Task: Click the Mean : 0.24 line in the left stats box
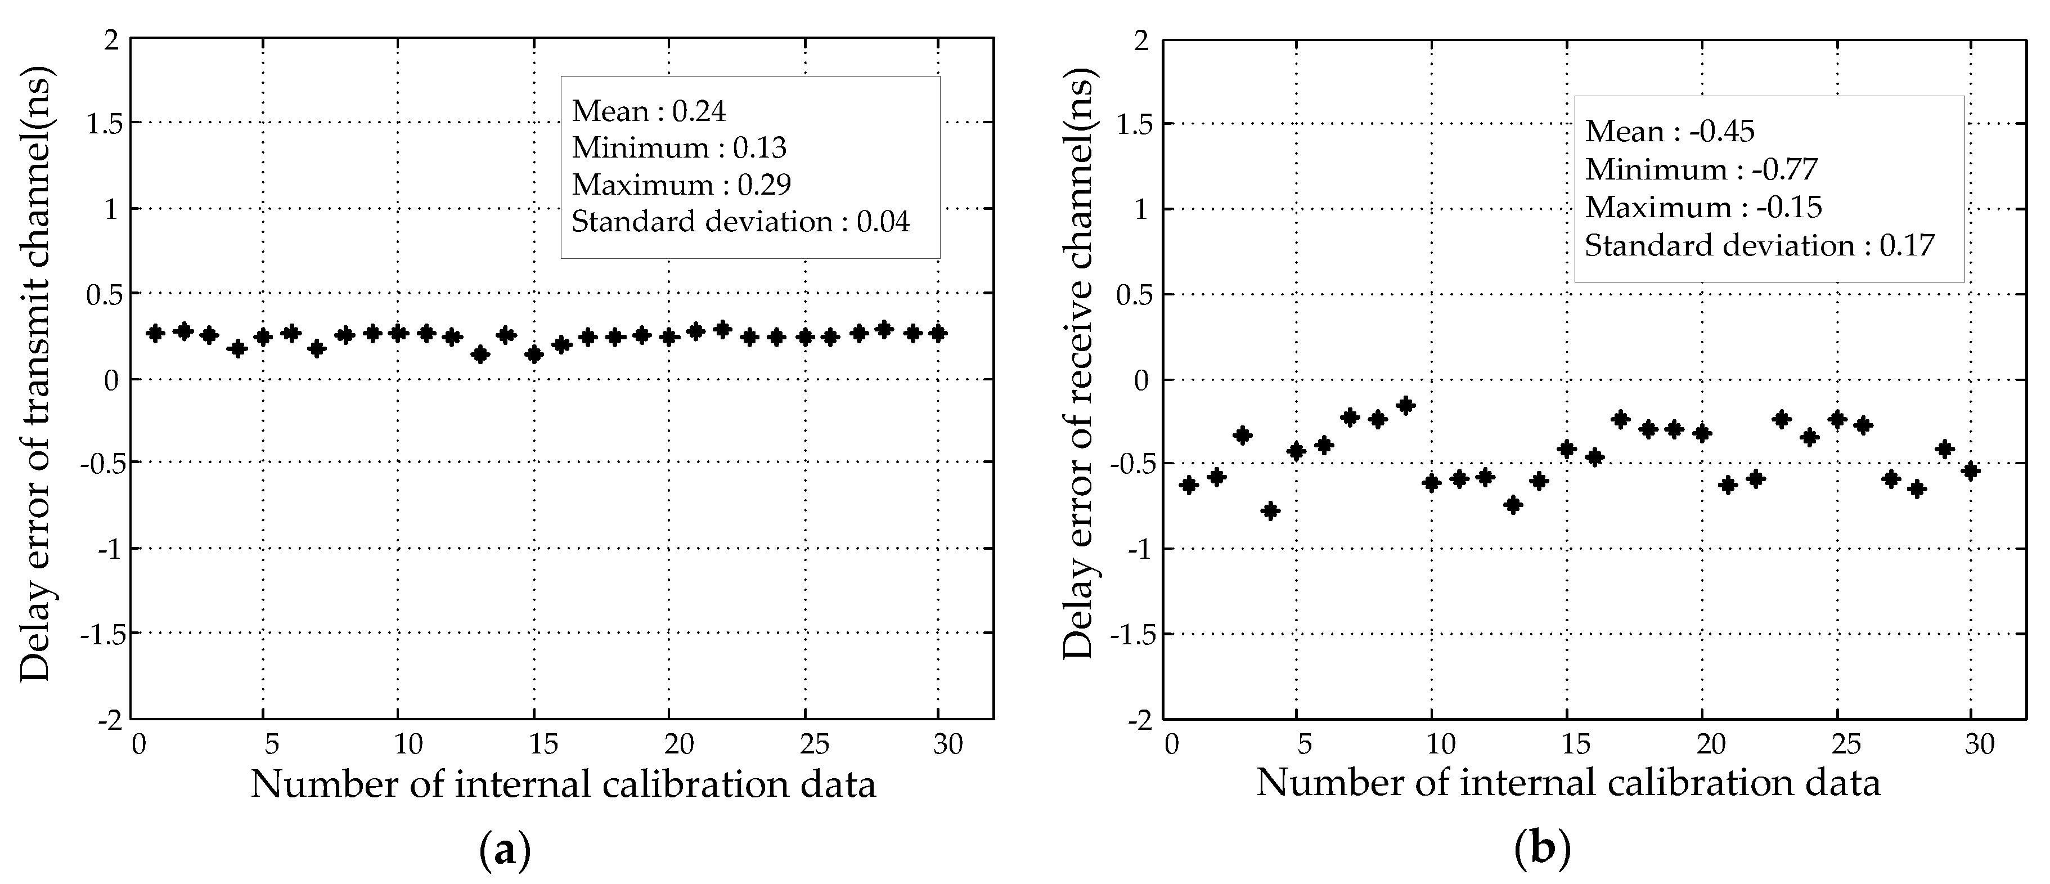[x=649, y=111]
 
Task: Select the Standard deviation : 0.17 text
[x=1759, y=246]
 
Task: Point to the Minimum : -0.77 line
[x=1701, y=169]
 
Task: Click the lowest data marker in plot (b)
[x=1270, y=510]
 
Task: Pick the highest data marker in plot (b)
[x=1405, y=406]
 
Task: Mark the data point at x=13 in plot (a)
[x=480, y=354]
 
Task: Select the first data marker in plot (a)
[x=156, y=333]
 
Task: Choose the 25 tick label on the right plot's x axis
[x=1846, y=745]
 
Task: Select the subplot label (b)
[x=1542, y=850]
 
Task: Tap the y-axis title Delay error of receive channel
[x=1079, y=362]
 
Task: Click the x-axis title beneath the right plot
[x=1568, y=784]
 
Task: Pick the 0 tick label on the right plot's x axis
[x=1171, y=745]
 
